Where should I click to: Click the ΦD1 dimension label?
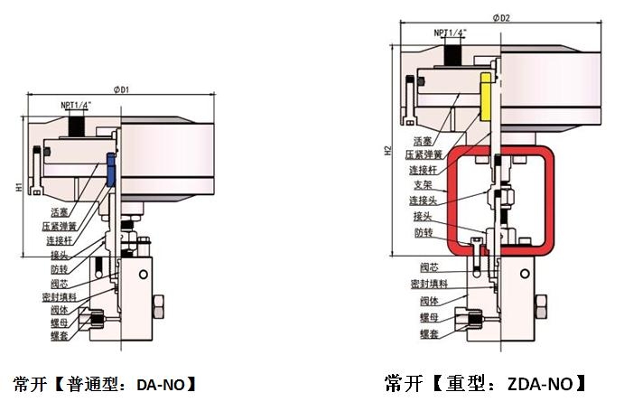(122, 89)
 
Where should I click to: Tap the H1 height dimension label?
(19, 188)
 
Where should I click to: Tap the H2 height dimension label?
(387, 152)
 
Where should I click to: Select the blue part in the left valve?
(110, 169)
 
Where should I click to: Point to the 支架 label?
(422, 184)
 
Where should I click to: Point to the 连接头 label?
(424, 200)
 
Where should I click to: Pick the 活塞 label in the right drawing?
(423, 141)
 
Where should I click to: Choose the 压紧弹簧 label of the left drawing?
(59, 226)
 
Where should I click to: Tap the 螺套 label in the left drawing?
(61, 335)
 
